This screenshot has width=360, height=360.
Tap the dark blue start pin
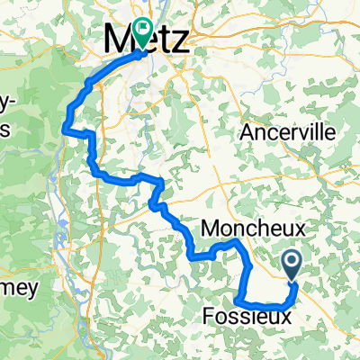(293, 265)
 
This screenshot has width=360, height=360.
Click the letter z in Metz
(180, 41)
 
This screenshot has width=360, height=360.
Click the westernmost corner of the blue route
(63, 129)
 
